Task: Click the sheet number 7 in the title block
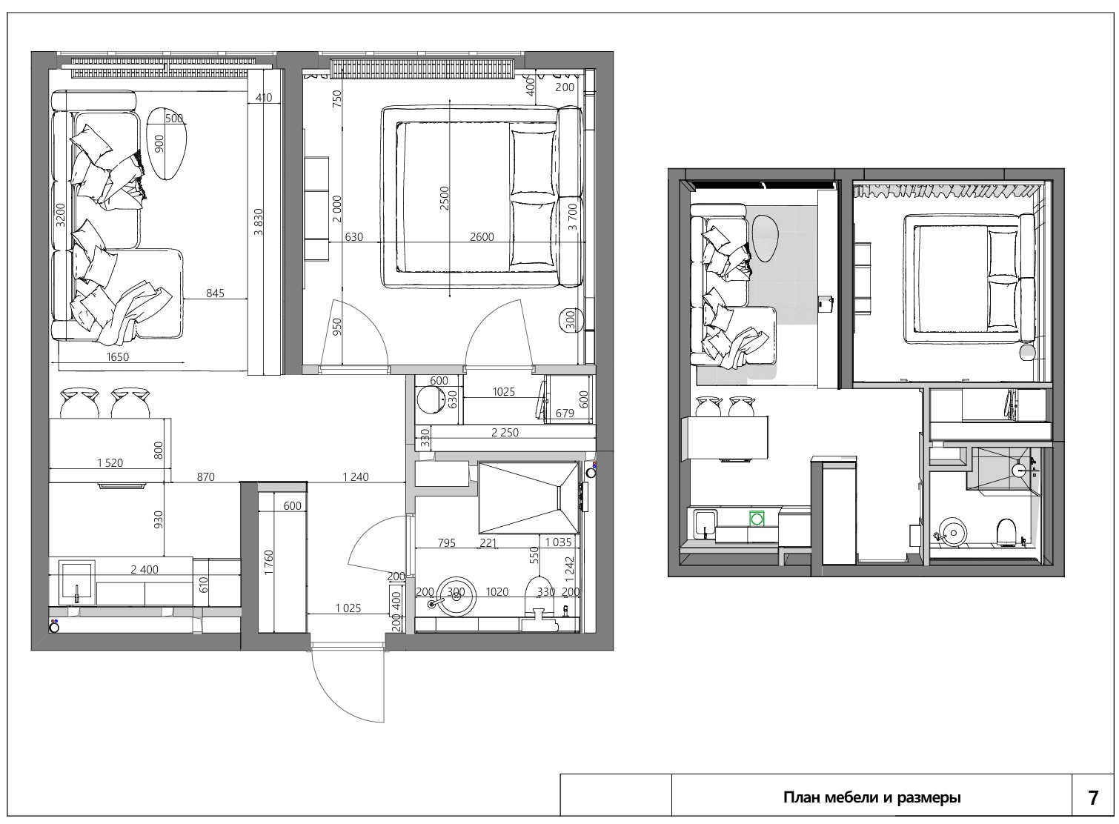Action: point(1093,798)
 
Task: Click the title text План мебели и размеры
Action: point(872,797)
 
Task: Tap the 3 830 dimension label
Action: point(259,222)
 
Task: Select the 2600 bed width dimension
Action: point(482,236)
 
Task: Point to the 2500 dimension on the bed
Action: point(444,198)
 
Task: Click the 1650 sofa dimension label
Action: point(117,356)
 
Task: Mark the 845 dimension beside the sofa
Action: point(216,293)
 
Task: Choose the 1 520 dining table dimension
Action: point(110,463)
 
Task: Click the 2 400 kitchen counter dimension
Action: point(145,569)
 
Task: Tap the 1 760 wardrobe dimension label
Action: point(269,562)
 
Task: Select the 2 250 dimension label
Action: point(505,433)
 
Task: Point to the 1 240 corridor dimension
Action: point(356,477)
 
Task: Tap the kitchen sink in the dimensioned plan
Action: point(77,580)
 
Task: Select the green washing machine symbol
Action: point(757,519)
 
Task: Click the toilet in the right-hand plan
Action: point(1006,532)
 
